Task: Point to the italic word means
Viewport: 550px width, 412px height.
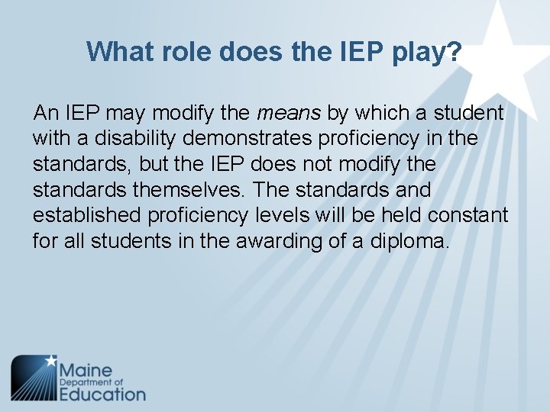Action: point(290,114)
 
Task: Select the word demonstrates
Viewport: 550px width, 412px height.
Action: point(246,139)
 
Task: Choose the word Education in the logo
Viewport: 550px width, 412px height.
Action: point(102,394)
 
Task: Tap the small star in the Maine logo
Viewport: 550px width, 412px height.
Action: point(51,359)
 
